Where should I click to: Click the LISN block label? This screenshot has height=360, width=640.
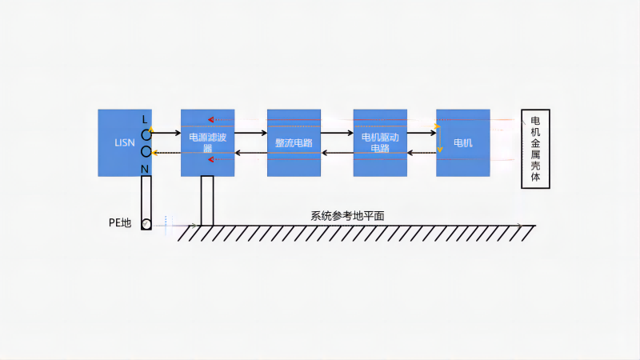coord(124,143)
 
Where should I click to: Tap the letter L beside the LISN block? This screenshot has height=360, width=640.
coord(145,119)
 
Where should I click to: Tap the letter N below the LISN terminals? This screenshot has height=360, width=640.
coord(145,169)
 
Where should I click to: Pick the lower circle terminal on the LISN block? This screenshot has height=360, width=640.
coord(146,151)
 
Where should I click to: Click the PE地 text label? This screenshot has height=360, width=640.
coord(119,222)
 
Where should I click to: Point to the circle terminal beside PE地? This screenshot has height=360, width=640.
coord(146,224)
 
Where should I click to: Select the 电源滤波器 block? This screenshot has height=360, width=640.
coord(207,142)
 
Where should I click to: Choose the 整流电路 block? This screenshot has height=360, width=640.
coord(294,142)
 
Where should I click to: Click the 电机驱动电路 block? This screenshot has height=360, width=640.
coord(380,142)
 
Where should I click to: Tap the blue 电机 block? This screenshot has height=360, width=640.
coord(462,142)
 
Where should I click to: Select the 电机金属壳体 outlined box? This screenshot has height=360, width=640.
coord(535,148)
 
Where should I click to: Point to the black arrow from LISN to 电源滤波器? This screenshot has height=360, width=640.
coord(166,133)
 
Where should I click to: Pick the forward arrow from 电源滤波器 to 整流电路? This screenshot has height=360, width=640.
coord(250,133)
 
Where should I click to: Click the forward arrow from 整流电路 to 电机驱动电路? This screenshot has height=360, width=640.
coord(337,133)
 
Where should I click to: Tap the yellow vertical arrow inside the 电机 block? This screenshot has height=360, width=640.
coord(438,138)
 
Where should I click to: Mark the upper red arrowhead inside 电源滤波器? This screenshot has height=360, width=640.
coord(211,120)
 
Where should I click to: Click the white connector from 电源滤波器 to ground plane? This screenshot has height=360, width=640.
coord(207,200)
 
